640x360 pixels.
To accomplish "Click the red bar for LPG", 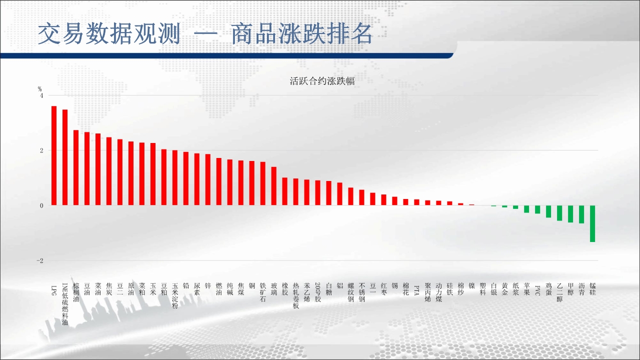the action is [x=54, y=155].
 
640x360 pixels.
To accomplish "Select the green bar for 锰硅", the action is [x=592, y=223].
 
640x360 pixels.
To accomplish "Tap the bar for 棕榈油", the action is [x=76, y=167].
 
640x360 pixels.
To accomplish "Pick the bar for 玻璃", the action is [x=273, y=186].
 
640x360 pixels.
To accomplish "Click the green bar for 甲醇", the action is [x=570, y=214].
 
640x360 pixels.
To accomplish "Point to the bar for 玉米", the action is [x=153, y=174].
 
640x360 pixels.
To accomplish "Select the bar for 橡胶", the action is [x=285, y=191].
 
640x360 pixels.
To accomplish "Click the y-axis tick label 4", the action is [x=41, y=95].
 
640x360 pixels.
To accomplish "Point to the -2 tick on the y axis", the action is [x=40, y=260].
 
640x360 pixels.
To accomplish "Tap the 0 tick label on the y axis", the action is [x=41, y=205].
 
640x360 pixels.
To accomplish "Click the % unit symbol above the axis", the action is [x=39, y=89].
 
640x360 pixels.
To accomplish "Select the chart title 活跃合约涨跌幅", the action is [x=322, y=81].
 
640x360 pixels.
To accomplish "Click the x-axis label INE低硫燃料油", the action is [x=65, y=304].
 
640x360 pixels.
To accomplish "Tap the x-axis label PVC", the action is [x=537, y=290].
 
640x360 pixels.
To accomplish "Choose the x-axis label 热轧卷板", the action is [x=295, y=295].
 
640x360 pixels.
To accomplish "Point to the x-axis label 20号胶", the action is [x=317, y=292].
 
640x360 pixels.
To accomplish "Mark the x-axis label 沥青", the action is [x=581, y=289].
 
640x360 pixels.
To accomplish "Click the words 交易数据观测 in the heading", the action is [x=109, y=34].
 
